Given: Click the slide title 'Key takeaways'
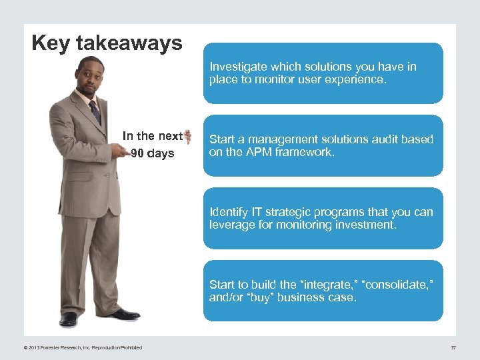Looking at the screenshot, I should (x=107, y=43).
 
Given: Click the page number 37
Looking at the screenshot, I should (x=453, y=347).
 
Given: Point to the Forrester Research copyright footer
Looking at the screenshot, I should (x=82, y=347).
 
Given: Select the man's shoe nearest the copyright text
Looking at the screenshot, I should (x=68, y=318).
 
